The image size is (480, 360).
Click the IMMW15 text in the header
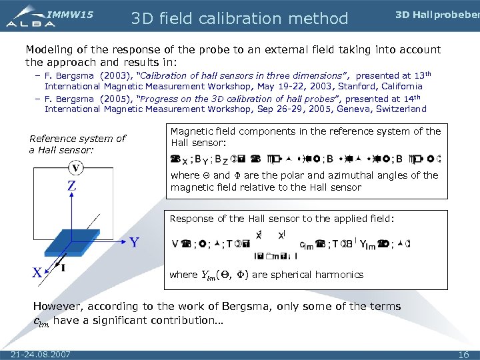point(71,14)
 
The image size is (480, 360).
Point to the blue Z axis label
point(71,186)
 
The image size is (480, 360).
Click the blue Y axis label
point(134,243)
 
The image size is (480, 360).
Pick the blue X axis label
point(39,272)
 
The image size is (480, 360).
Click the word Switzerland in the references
point(399,109)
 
